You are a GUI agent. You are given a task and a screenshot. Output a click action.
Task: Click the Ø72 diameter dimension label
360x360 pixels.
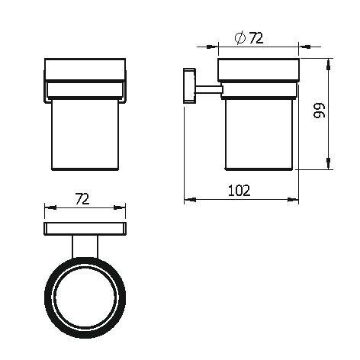pyautogui.click(x=249, y=38)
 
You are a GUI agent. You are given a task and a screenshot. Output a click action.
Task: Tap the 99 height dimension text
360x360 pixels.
pyautogui.click(x=320, y=111)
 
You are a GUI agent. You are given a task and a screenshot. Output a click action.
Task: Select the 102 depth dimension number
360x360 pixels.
pyautogui.click(x=239, y=191)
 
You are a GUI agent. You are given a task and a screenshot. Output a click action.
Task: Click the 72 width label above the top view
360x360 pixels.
pyautogui.click(x=82, y=199)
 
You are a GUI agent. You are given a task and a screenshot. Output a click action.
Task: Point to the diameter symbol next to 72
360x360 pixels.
pyautogui.click(x=240, y=38)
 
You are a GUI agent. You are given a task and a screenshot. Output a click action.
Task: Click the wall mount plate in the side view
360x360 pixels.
pyautogui.click(x=189, y=85)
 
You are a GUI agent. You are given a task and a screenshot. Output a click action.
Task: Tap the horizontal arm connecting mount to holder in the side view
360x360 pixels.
pyautogui.click(x=209, y=90)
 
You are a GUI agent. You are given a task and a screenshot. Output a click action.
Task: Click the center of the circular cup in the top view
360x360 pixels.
pyautogui.click(x=85, y=297)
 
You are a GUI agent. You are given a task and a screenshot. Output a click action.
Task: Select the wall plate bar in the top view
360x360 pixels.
pyautogui.click(x=85, y=229)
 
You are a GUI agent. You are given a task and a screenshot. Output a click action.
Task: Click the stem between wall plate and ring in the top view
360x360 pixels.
pyautogui.click(x=85, y=246)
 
